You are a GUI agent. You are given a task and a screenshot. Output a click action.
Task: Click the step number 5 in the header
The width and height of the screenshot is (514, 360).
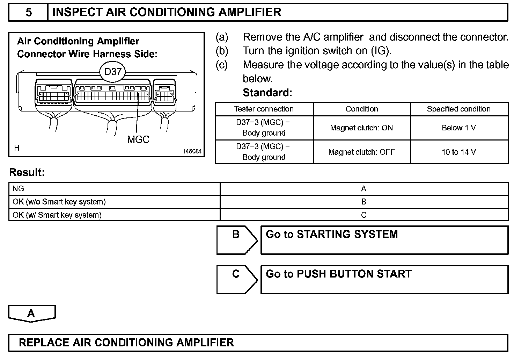tap(29, 12)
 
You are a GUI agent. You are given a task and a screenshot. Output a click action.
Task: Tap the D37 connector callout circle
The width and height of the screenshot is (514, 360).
tap(112, 72)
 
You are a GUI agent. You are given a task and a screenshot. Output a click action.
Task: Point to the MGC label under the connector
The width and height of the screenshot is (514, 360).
tap(138, 139)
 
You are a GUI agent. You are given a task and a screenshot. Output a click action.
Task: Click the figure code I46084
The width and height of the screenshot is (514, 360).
tap(192, 151)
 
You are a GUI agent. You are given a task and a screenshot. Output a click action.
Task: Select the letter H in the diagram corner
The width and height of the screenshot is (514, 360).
tap(17, 148)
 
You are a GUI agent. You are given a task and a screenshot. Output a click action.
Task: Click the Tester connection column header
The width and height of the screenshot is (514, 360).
tap(264, 109)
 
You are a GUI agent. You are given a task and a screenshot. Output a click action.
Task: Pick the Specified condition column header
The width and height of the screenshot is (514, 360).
tap(458, 109)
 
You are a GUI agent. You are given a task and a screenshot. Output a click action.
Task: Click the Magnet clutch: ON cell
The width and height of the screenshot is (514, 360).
tap(361, 128)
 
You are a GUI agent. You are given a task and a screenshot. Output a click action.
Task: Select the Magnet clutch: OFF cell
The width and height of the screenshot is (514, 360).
tap(361, 152)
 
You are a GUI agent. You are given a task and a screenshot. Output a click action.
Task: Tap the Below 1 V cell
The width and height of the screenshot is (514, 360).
tap(458, 128)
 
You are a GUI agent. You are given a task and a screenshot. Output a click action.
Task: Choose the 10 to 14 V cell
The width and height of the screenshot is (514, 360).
tap(458, 152)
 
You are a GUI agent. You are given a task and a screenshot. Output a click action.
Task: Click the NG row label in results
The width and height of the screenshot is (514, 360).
tap(19, 189)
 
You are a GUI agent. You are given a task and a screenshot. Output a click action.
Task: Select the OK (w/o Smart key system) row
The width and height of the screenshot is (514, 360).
tap(59, 202)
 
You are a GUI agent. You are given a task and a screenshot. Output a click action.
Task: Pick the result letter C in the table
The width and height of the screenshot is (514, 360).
tap(364, 215)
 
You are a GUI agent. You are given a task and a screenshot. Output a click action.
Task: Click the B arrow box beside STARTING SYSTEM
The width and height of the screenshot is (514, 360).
tap(236, 240)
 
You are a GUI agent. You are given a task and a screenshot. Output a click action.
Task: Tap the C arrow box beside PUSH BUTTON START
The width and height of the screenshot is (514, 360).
tap(236, 279)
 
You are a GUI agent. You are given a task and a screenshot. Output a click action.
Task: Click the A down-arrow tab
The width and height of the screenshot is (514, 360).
tap(31, 313)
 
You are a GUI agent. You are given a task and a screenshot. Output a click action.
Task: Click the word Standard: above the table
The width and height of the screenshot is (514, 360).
tap(267, 93)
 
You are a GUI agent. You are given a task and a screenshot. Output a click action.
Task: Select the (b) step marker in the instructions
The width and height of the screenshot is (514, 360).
tap(222, 51)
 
